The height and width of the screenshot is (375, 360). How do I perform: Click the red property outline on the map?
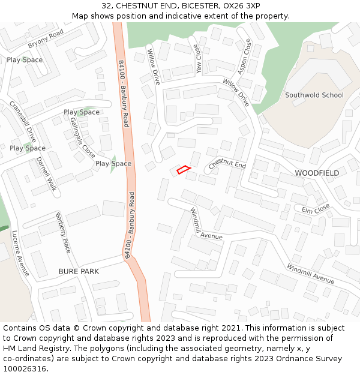(184, 170)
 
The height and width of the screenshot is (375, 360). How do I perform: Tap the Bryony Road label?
(46, 39)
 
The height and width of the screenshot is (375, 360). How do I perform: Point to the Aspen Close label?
(244, 57)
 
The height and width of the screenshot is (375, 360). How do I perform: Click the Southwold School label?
(314, 95)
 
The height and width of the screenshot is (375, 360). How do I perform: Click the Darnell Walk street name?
(46, 174)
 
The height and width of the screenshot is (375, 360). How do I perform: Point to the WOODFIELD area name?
(317, 173)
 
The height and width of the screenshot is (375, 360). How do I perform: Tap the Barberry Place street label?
(63, 233)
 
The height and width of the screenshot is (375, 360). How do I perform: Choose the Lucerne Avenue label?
(20, 253)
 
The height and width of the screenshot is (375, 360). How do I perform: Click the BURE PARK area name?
(79, 271)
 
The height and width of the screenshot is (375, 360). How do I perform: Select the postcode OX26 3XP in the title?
(239, 5)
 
